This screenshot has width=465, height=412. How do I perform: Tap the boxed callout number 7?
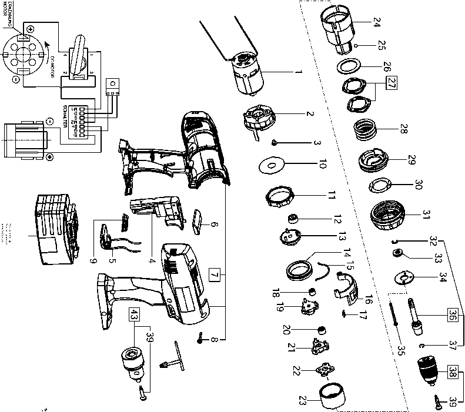pyautogui.click(x=216, y=274)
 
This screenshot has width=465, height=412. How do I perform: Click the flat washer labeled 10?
pyautogui.click(x=271, y=166)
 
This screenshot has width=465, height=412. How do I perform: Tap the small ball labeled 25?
pyautogui.click(x=357, y=45)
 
